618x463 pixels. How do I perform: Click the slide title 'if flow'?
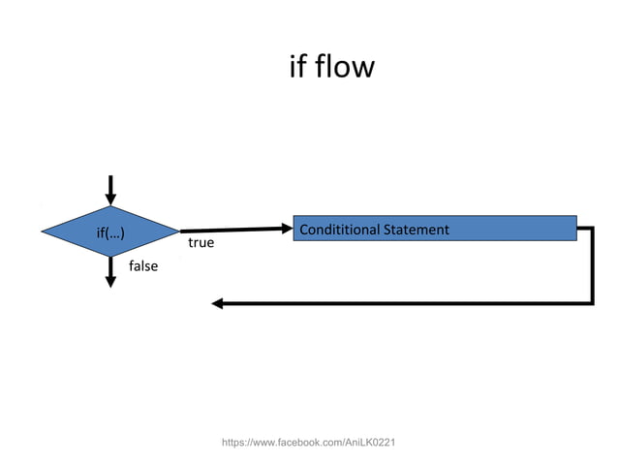click(x=331, y=67)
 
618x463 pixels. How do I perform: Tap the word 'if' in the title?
click(x=297, y=67)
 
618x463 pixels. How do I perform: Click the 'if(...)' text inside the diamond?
click(x=109, y=232)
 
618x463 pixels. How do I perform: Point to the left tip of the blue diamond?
click(x=44, y=231)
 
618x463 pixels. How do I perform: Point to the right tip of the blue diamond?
click(x=178, y=231)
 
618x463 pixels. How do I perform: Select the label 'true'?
click(x=201, y=243)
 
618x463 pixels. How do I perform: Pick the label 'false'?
click(x=142, y=266)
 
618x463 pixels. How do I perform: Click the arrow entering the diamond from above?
click(x=110, y=190)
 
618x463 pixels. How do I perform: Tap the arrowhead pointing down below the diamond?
click(x=110, y=279)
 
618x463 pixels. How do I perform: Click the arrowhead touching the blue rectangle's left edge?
click(x=286, y=229)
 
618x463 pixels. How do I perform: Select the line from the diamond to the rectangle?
click(x=232, y=231)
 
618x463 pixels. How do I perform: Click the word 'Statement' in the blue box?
click(x=417, y=230)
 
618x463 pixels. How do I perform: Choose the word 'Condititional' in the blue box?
click(x=340, y=230)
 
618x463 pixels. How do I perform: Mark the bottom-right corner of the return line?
click(x=591, y=302)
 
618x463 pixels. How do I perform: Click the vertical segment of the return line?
click(x=591, y=266)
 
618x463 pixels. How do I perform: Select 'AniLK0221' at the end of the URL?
click(x=370, y=443)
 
